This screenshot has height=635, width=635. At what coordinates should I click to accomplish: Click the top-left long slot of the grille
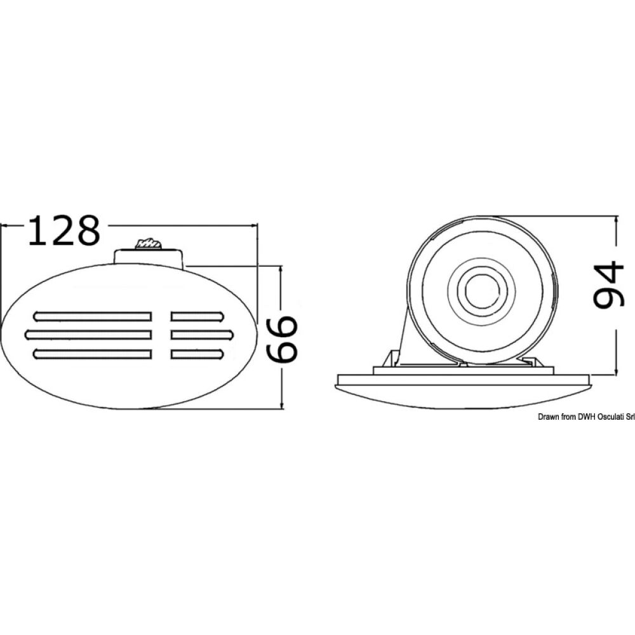pos(93,316)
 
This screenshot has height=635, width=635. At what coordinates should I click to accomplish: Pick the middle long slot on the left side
pos(88,333)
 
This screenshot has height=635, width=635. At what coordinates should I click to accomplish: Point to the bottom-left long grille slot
pos(93,353)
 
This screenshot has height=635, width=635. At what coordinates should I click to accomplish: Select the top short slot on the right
pos(196,316)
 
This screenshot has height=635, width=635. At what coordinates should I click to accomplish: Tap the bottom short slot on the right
pos(196,353)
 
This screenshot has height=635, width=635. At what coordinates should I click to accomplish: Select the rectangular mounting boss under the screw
pos(149,257)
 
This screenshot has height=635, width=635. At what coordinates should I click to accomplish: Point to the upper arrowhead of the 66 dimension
pos(282,269)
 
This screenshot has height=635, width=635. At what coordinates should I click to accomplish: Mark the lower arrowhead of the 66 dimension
pos(282,405)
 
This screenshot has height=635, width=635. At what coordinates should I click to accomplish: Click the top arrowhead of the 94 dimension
pos(616,219)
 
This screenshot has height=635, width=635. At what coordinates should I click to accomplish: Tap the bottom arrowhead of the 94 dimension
pos(616,370)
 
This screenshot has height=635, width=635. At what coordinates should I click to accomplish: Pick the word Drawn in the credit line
pos(533,417)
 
